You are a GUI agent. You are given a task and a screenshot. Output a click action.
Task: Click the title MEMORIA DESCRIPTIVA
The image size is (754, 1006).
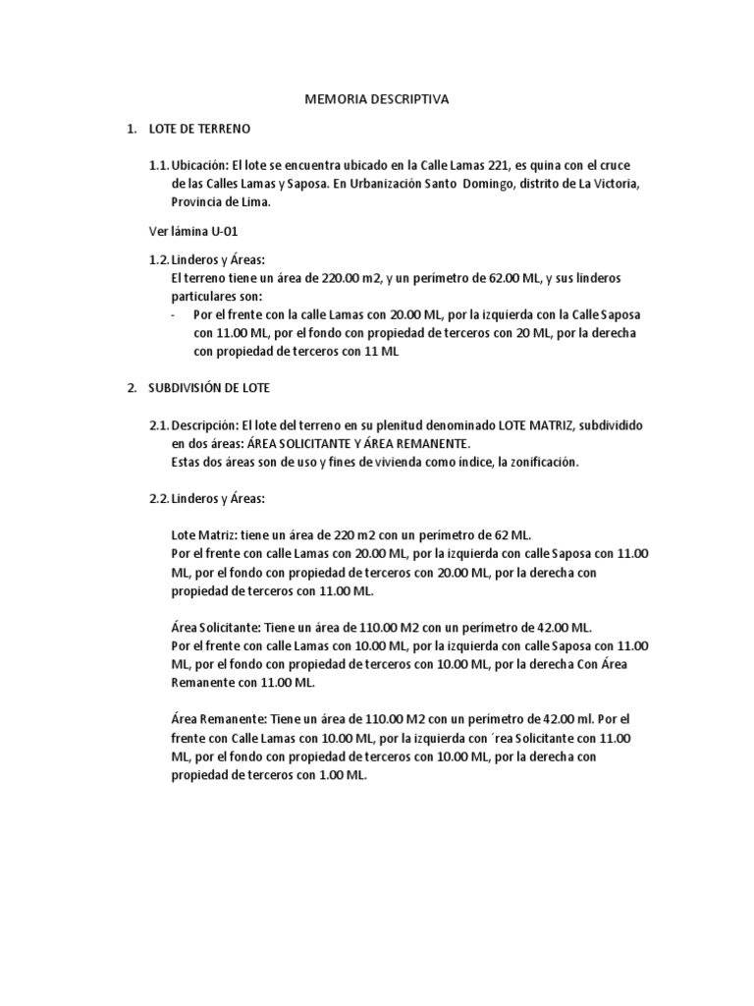click(377, 99)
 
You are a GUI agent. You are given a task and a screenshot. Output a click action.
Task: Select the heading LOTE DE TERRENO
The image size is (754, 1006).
click(199, 129)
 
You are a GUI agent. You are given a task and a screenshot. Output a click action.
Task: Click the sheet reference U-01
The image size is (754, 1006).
click(222, 231)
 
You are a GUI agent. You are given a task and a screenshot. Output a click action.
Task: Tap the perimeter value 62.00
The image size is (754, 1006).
click(519, 278)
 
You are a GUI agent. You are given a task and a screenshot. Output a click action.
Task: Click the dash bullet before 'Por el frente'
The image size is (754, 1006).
click(173, 314)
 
